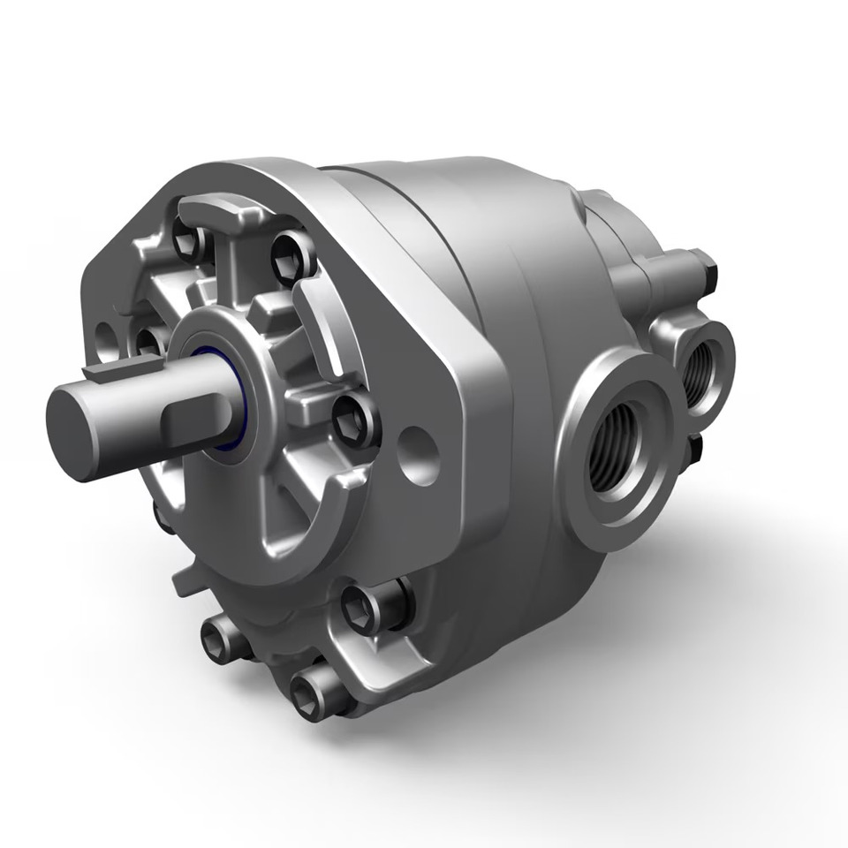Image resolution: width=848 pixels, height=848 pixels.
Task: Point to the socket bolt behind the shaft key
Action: (147, 341)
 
